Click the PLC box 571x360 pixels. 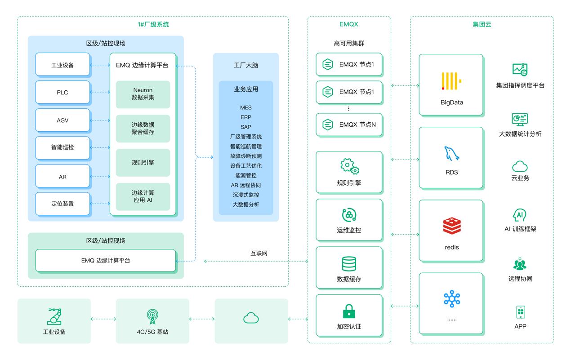[62, 93]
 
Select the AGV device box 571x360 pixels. [62, 120]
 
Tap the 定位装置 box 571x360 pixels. [62, 204]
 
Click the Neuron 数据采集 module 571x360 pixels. [143, 94]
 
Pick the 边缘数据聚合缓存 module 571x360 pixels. [143, 128]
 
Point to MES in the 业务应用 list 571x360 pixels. [246, 107]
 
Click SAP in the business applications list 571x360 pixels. [246, 127]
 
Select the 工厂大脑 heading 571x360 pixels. [246, 66]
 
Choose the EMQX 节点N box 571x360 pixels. [349, 124]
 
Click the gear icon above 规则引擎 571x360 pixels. [349, 166]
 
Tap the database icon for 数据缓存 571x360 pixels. [349, 264]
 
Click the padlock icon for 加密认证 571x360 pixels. [349, 311]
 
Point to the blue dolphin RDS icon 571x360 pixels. [451, 154]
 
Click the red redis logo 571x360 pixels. [451, 226]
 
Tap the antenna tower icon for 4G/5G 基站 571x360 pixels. [153, 316]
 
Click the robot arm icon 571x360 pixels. [55, 316]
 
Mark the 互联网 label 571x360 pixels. [259, 253]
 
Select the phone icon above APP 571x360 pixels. [520, 312]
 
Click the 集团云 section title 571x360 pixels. [482, 25]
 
